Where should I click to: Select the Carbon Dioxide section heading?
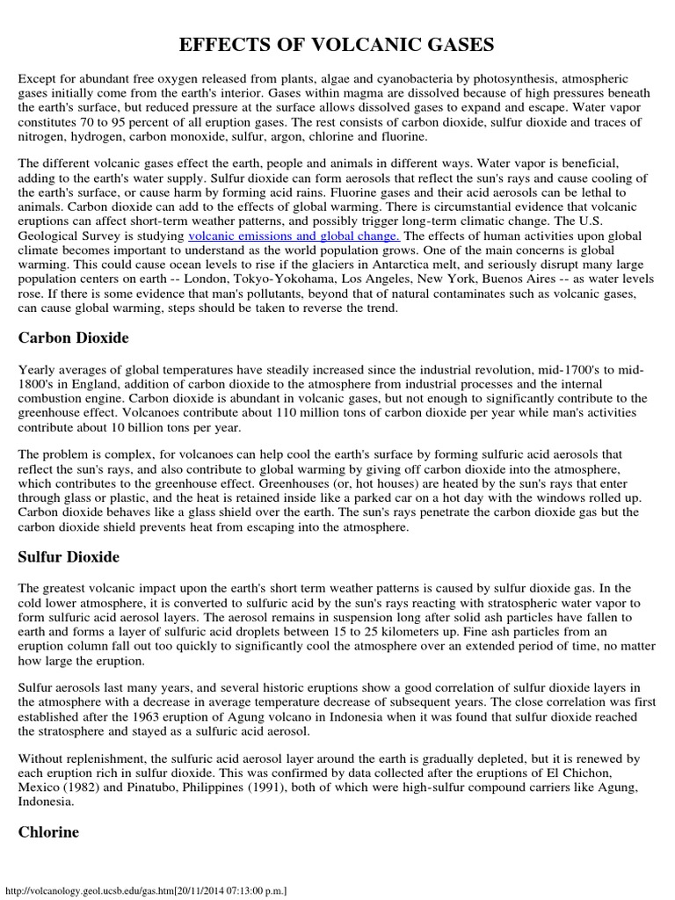(x=73, y=337)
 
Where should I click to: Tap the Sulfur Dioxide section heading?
(x=69, y=557)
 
